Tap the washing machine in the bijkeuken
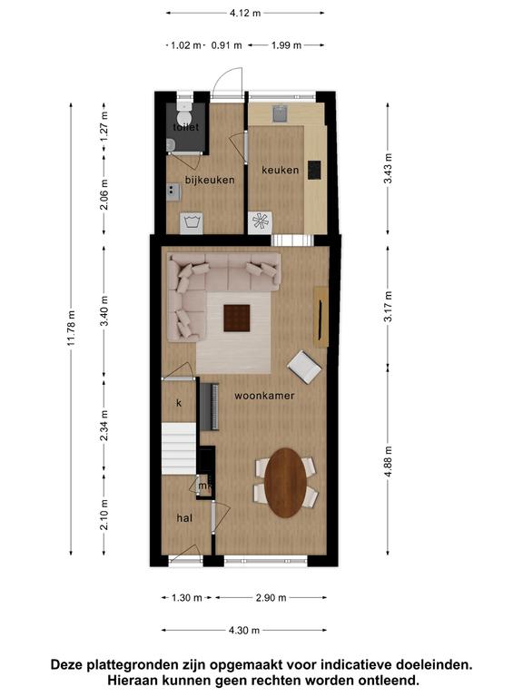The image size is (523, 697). pos(192,222)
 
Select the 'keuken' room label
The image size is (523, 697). pos(281,170)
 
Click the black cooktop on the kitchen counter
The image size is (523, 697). pos(314,170)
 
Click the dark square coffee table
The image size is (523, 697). pos(237,318)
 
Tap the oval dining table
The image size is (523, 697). pos(285,483)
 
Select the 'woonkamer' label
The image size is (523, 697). pos(264,395)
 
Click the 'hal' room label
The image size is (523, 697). pos(184,518)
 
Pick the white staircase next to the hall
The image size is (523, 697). pos(179,448)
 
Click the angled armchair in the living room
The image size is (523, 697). pos(304,367)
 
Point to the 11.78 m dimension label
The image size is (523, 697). pos(72,329)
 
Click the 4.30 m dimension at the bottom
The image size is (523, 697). pos(244,630)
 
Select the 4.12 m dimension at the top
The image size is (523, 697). pos(245,13)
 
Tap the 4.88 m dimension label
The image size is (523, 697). pos(389,460)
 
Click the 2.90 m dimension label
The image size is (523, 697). pos(271,598)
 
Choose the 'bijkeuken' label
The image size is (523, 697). pos(210,180)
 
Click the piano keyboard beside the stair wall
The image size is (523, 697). pos(210,407)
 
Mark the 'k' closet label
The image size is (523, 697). pos(179,403)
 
